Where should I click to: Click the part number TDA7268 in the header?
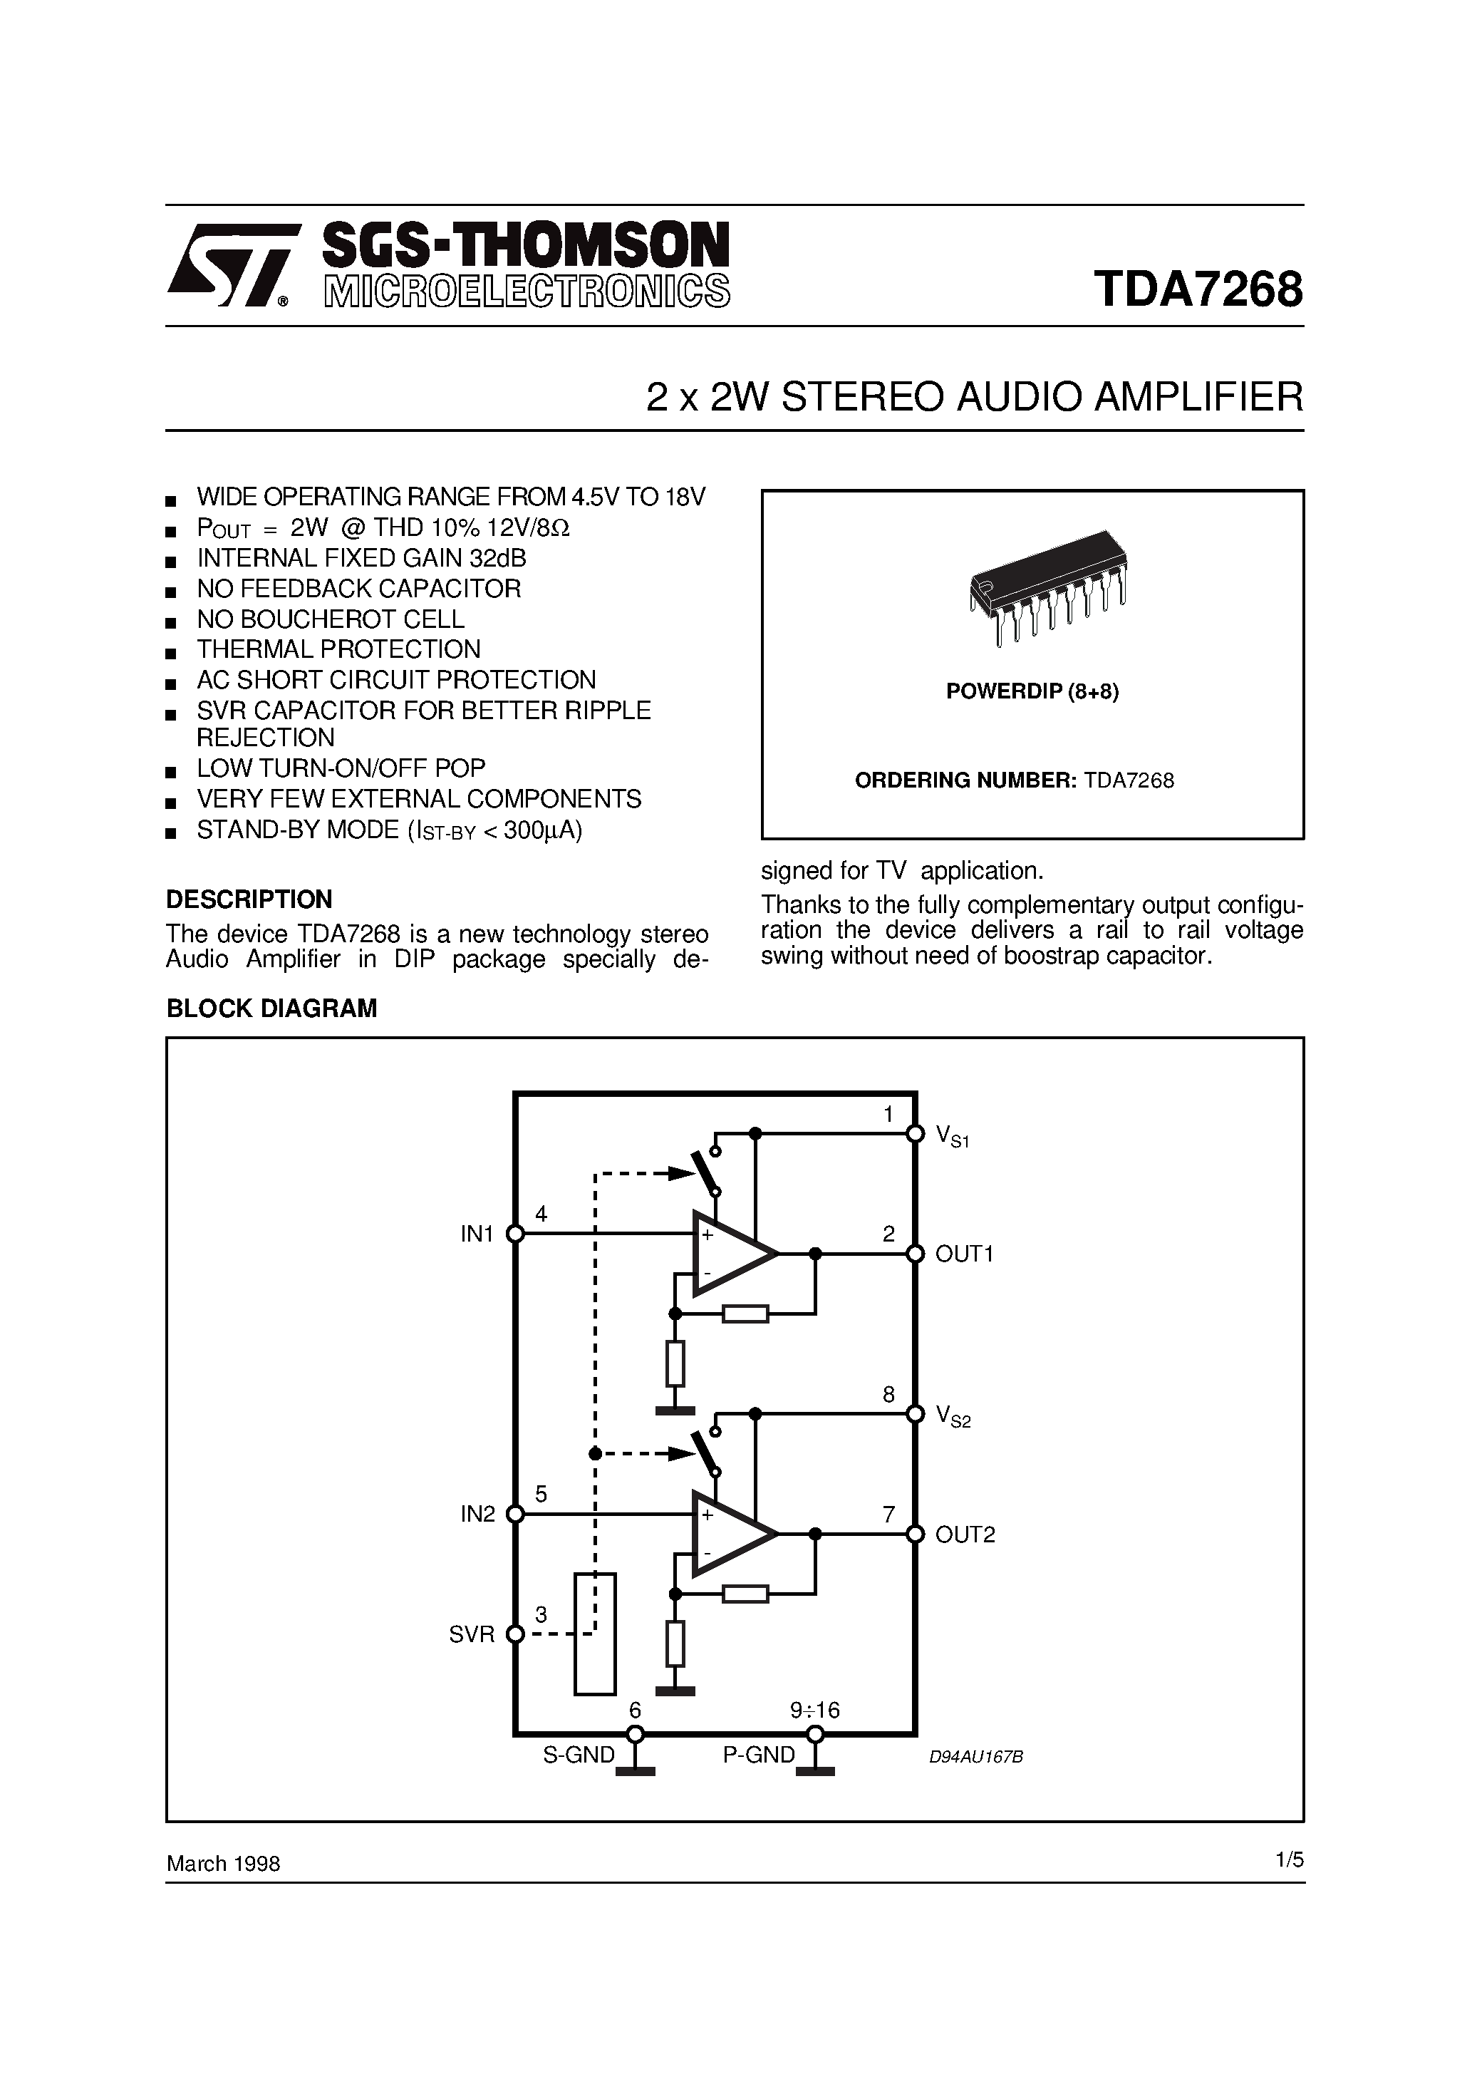(1198, 289)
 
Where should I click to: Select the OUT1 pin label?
(965, 1254)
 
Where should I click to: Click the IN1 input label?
(477, 1234)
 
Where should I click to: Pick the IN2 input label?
(477, 1514)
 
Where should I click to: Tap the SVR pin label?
(472, 1635)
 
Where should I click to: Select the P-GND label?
(759, 1755)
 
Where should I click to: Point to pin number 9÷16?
(815, 1710)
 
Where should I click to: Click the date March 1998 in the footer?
(223, 1864)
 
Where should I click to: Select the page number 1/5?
(1289, 1859)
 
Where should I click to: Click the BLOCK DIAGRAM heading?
(271, 1009)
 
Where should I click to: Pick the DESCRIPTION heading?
(249, 899)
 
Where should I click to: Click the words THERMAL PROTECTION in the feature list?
(338, 649)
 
